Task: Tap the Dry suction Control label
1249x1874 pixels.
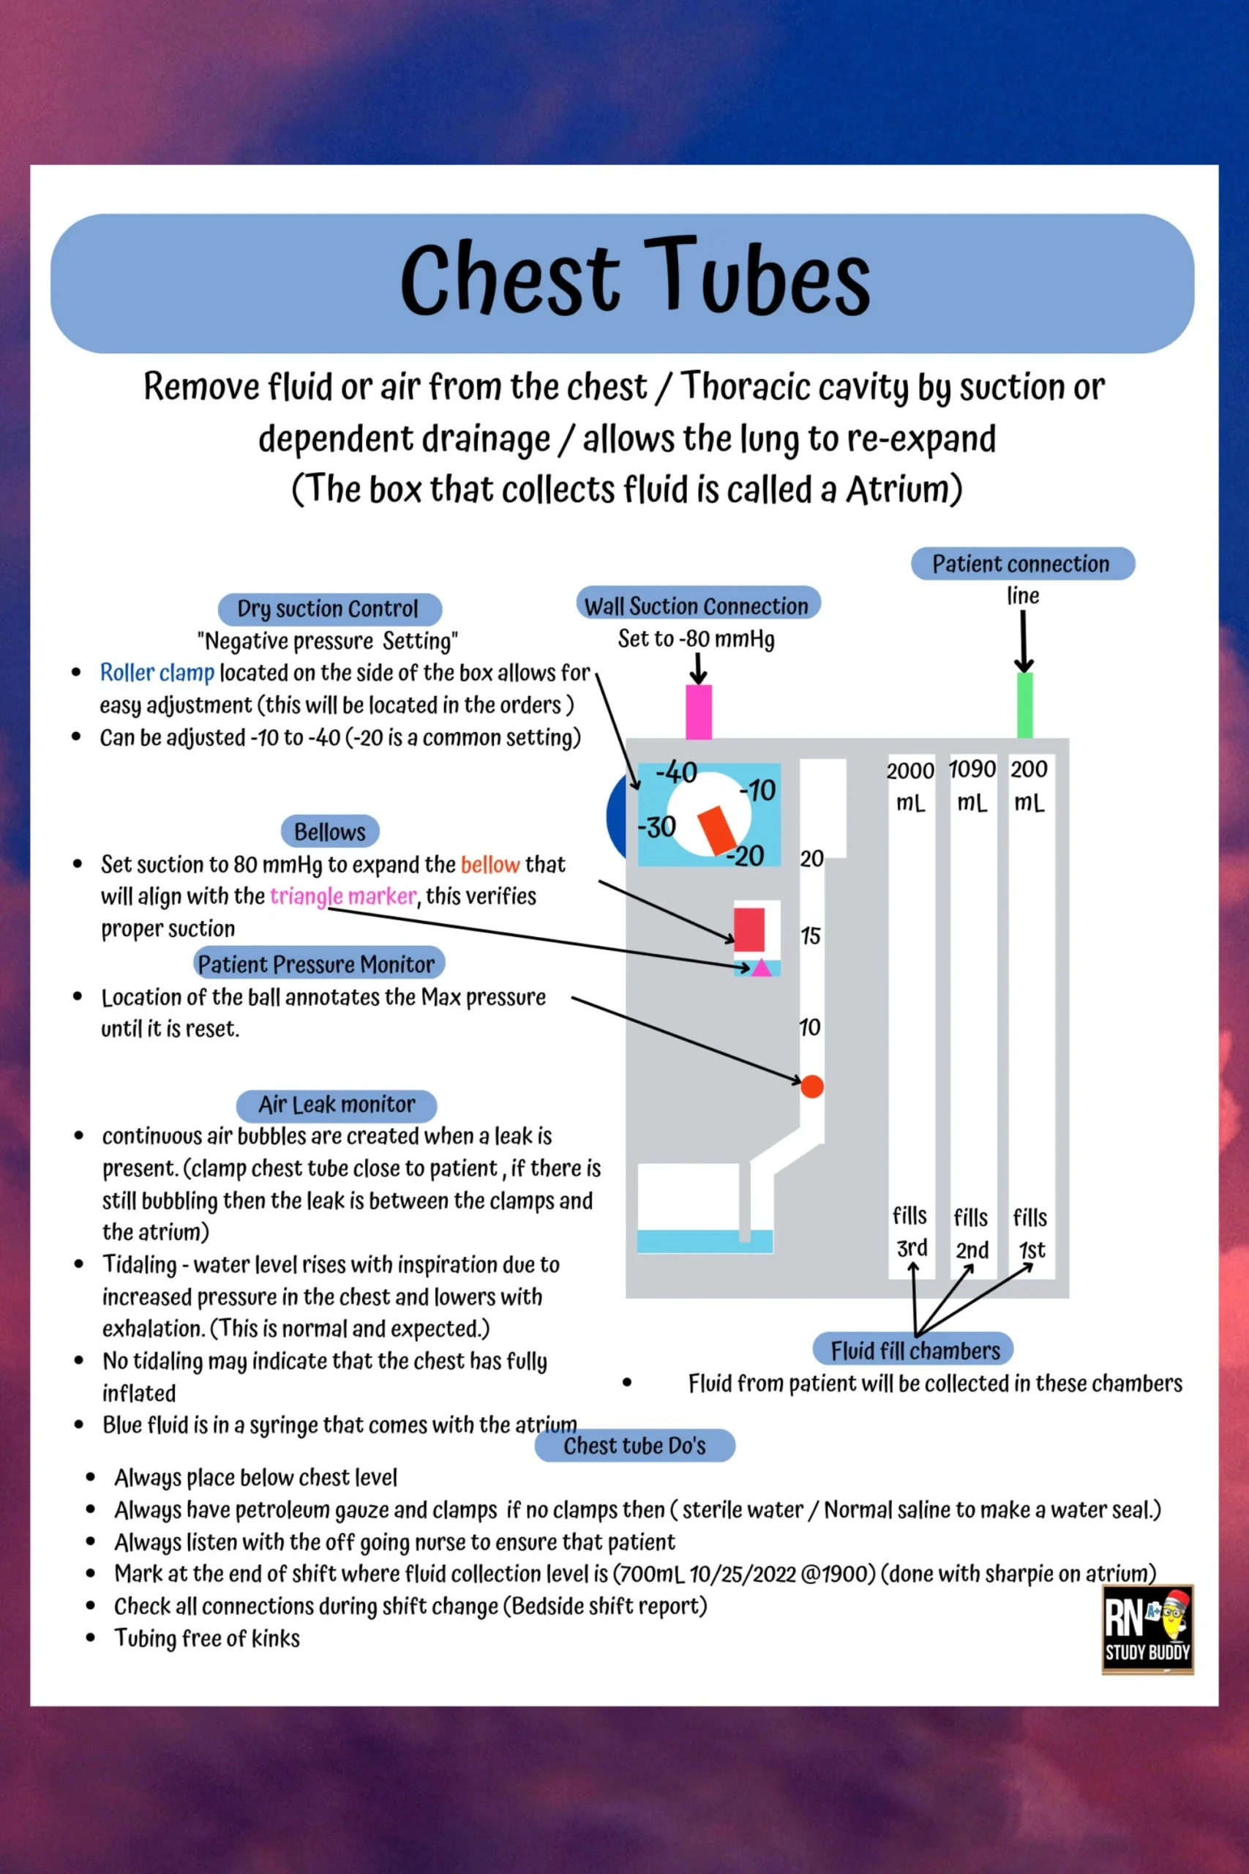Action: [329, 609]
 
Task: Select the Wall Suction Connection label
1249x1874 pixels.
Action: [697, 605]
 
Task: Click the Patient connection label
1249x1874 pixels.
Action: [1022, 564]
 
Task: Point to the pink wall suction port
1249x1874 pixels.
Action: [699, 712]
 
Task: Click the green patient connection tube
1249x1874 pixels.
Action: [1025, 705]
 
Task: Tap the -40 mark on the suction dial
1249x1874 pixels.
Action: [675, 772]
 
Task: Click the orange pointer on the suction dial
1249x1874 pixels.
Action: [717, 829]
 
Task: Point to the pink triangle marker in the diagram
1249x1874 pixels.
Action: [762, 967]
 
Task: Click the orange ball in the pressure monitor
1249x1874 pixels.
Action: [811, 1086]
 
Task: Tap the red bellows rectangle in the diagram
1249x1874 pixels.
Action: [749, 929]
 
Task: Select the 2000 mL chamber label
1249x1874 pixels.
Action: [910, 785]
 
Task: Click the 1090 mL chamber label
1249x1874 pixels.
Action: [972, 785]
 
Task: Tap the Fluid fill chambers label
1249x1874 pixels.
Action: [915, 1351]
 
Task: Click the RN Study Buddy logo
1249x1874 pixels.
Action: [1147, 1630]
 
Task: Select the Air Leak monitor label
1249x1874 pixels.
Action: [336, 1105]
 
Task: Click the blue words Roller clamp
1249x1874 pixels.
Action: [157, 673]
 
